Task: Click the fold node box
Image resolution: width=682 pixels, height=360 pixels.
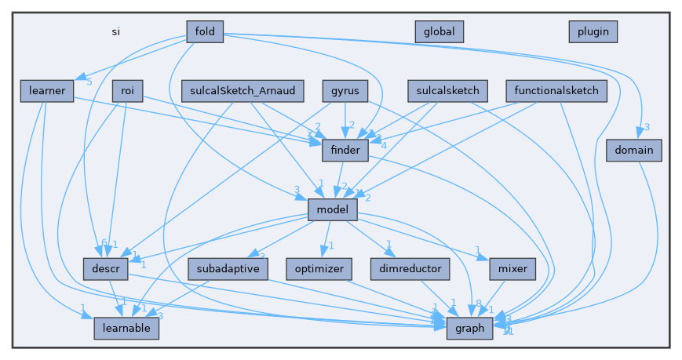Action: [205, 31]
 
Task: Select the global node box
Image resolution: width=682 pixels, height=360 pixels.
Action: [439, 31]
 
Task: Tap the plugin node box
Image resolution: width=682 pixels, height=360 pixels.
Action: [593, 31]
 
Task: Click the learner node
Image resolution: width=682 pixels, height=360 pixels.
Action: [47, 91]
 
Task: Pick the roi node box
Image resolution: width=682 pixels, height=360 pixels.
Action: [127, 91]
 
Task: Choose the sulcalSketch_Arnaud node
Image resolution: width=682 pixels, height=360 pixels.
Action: [242, 91]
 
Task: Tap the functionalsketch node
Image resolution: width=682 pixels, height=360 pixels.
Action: [556, 91]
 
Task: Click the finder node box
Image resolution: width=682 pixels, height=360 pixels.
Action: [345, 150]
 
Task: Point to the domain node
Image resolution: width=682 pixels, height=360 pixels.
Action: [634, 150]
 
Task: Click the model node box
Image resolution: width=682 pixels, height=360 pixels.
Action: [333, 209]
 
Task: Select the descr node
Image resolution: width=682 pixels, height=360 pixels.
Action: [105, 269]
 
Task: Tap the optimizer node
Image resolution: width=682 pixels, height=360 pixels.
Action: [319, 269]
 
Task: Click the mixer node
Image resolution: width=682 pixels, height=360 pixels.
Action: [512, 269]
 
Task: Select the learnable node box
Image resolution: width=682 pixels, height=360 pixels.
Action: [126, 329]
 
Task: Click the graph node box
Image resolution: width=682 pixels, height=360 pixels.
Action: [470, 329]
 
